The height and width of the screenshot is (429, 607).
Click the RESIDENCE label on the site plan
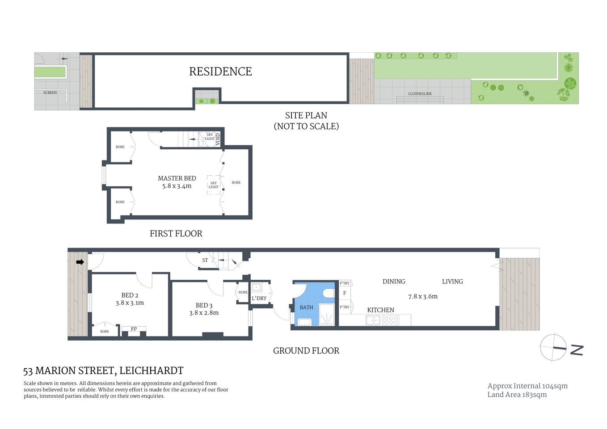point(220,71)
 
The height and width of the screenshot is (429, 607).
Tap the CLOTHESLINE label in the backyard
point(420,94)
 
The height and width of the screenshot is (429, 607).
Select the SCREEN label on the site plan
point(50,93)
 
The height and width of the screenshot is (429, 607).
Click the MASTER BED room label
point(177,178)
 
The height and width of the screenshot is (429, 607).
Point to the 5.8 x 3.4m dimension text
point(177,186)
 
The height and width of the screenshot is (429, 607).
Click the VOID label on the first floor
point(218,139)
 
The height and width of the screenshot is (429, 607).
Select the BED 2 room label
point(130,295)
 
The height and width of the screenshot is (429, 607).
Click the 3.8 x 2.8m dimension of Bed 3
point(204,313)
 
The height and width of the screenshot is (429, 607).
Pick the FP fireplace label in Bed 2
point(134,329)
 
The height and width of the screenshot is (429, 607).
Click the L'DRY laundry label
point(259,298)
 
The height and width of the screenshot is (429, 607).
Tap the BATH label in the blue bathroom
point(306,307)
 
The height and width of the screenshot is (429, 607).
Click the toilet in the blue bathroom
point(329,293)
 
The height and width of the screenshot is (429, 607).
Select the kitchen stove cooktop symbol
point(391,320)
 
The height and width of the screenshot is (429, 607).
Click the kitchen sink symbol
point(373,320)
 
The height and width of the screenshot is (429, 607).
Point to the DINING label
point(394,282)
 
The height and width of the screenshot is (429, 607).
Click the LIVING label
point(452,282)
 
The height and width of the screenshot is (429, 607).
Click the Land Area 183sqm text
point(517,395)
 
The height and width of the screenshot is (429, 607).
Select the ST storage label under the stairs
point(205,260)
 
